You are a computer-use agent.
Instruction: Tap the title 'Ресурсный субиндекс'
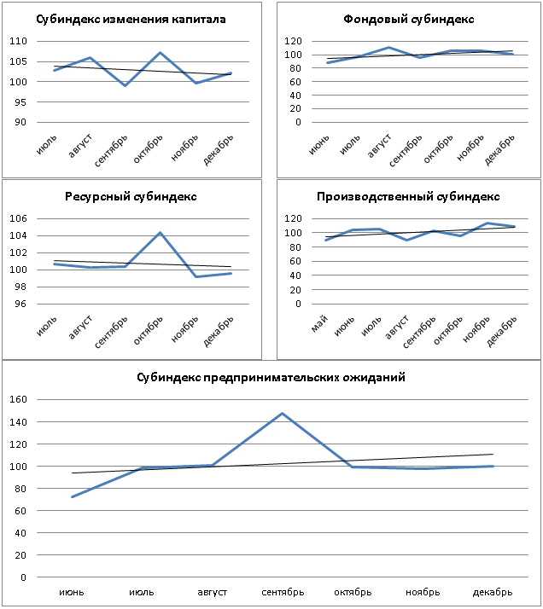pos(131,196)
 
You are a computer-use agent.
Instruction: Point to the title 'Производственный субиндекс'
pos(407,196)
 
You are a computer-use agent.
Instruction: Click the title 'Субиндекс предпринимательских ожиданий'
pos(271,376)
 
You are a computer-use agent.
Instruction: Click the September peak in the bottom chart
pos(282,413)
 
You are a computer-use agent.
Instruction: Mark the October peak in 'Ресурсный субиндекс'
pos(160,232)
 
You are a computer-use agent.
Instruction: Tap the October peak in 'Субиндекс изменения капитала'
pos(160,52)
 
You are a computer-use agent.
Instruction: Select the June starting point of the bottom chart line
pos(73,496)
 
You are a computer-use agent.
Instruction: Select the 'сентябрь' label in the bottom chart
pos(282,592)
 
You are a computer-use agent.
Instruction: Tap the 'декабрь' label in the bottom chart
pos(491,592)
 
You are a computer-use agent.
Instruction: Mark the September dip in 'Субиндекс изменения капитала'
pos(125,85)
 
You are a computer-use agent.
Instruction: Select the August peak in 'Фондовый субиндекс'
pos(388,48)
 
